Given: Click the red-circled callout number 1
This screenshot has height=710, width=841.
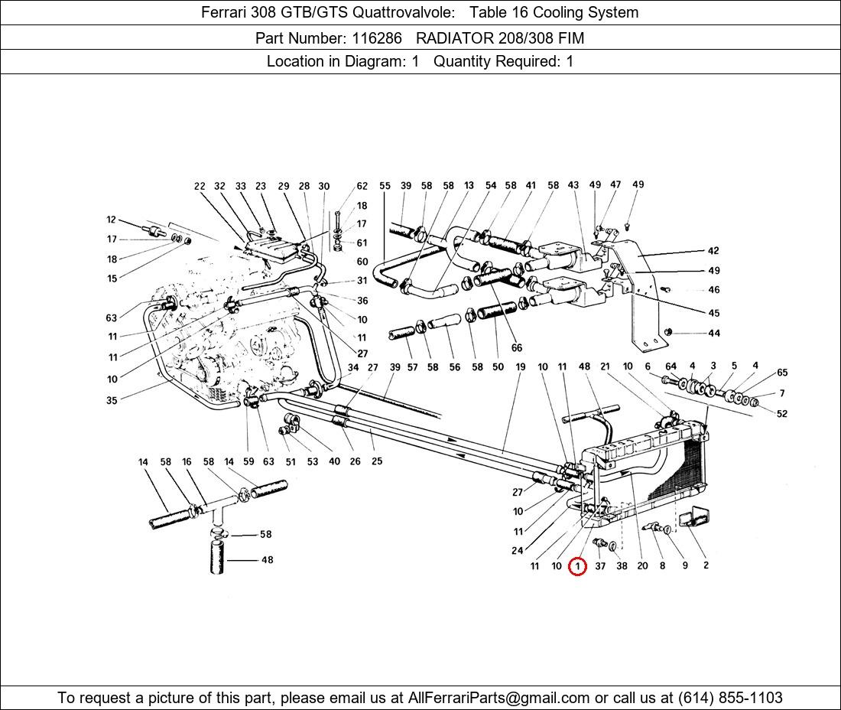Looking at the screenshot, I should pos(577,566).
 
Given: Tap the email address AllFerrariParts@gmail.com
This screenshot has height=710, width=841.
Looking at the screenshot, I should pos(499,697).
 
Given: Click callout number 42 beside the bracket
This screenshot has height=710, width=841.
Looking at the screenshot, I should pos(713,251).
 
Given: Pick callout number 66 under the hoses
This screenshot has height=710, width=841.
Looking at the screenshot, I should pos(517,348).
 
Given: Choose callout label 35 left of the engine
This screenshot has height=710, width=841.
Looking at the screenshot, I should pos(112,400).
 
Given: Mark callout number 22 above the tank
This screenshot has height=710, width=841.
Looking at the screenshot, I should pos(200,186).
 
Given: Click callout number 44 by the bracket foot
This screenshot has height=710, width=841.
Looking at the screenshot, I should pos(713,333).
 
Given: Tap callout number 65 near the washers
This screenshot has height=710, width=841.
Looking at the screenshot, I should pos(781,373).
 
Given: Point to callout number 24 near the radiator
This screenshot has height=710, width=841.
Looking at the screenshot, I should pos(517,550).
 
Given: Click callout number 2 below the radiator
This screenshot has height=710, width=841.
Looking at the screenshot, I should pos(705,565).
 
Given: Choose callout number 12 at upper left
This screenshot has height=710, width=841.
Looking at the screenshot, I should pos(112,220).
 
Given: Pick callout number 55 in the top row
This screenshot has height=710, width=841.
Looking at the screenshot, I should pos(385,186).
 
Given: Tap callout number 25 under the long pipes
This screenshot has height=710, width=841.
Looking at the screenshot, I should pos(376,461).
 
